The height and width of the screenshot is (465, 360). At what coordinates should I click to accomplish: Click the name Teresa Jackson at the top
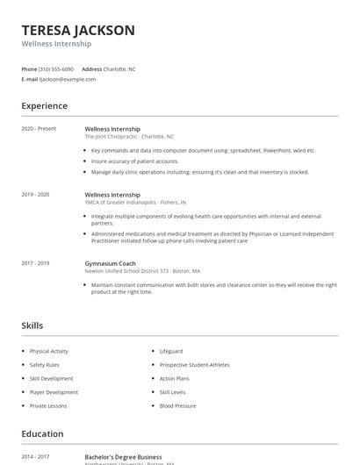(x=78, y=31)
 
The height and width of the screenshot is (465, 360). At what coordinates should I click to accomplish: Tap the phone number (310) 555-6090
(x=56, y=68)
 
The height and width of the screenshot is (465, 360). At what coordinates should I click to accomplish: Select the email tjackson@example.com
(x=68, y=79)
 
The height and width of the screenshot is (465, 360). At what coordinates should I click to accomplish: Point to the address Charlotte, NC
(x=119, y=68)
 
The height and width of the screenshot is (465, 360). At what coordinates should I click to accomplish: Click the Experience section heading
(x=45, y=106)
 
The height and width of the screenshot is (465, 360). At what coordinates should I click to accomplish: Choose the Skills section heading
(x=32, y=325)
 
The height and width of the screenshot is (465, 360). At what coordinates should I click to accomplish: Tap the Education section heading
(x=42, y=433)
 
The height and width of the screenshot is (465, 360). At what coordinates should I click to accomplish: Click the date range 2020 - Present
(x=39, y=129)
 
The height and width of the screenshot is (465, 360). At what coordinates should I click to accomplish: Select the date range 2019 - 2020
(x=35, y=194)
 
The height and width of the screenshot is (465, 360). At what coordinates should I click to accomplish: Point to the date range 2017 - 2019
(x=35, y=263)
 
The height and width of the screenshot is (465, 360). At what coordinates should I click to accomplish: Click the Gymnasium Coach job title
(x=112, y=263)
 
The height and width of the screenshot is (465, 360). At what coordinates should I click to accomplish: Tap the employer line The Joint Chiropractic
(x=129, y=137)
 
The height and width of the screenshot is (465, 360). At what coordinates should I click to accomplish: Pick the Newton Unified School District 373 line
(x=142, y=271)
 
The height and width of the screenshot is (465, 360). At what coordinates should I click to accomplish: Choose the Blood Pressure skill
(x=177, y=406)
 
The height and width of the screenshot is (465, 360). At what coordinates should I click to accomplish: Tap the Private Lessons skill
(x=48, y=406)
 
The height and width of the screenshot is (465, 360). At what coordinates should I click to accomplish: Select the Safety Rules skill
(x=44, y=365)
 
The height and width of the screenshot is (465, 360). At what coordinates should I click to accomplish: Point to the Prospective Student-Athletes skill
(x=194, y=365)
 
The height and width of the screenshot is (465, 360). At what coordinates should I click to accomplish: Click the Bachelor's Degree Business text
(x=123, y=457)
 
